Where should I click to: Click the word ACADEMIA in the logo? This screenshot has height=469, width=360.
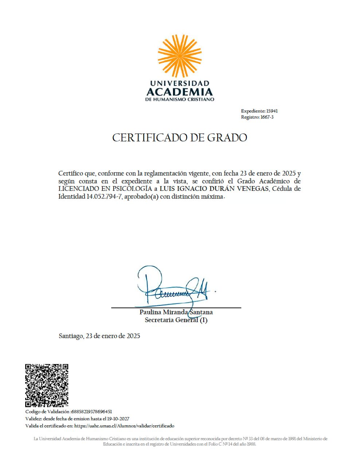click(x=180, y=91)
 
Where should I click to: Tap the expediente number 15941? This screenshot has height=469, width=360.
click(x=272, y=111)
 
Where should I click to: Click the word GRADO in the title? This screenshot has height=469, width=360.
click(x=227, y=137)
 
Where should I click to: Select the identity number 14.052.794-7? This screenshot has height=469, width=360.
click(x=105, y=197)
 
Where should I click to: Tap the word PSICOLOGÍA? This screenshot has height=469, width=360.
click(x=132, y=189)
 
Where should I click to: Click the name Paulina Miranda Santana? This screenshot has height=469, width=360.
click(x=176, y=312)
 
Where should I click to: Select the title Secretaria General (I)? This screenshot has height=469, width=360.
click(x=176, y=320)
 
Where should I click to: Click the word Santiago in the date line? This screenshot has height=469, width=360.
click(x=71, y=336)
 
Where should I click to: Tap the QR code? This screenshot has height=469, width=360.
click(x=47, y=385)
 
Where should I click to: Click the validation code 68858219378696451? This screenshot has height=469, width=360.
click(x=91, y=411)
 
